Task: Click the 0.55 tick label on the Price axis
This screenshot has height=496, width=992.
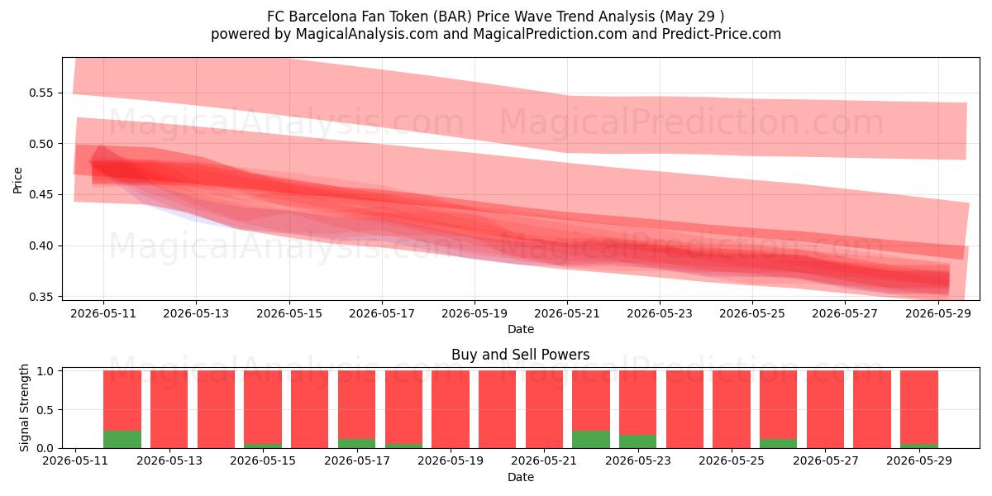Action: tap(41, 93)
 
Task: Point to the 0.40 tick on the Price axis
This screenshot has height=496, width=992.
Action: tap(41, 246)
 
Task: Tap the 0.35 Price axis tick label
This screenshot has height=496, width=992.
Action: tap(41, 297)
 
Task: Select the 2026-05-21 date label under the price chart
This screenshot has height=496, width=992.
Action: tap(567, 313)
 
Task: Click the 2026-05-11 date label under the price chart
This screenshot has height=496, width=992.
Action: tap(103, 313)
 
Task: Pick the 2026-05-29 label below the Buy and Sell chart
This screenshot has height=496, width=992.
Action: tap(919, 460)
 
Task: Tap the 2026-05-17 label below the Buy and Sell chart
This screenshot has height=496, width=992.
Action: tap(357, 460)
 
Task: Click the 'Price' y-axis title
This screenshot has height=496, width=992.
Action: tap(17, 180)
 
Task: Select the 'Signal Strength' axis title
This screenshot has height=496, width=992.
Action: tap(24, 408)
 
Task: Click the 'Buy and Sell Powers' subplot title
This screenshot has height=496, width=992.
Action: tap(520, 355)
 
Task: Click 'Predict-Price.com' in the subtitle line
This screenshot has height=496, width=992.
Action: tap(722, 34)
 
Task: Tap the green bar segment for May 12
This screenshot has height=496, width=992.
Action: tap(122, 439)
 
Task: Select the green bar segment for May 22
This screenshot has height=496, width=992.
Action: tap(591, 439)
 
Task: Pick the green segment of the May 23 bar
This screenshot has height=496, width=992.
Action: tap(637, 441)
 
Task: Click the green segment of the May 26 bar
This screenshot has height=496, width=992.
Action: tap(778, 444)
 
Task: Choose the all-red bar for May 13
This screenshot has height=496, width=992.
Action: tap(169, 409)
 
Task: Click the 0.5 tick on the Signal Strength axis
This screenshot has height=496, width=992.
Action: tap(45, 410)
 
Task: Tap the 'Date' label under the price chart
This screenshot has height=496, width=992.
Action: tap(520, 330)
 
